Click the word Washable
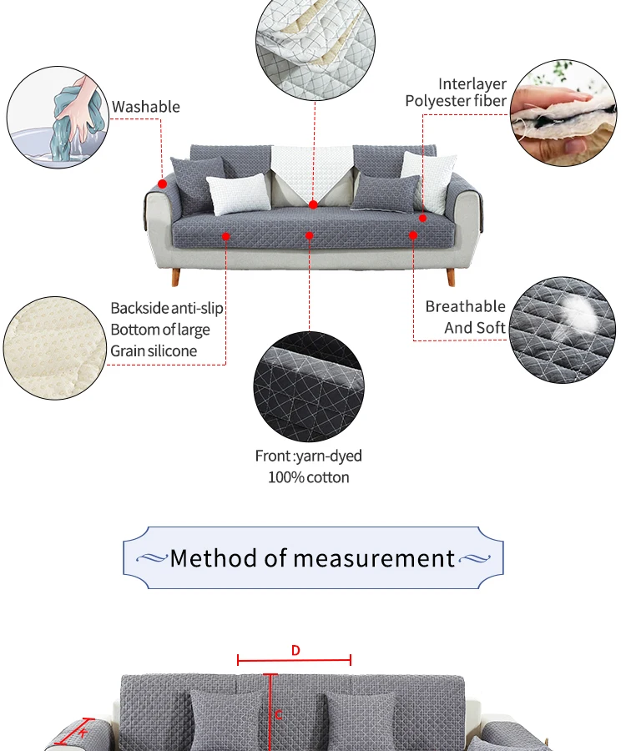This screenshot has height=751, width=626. (146, 107)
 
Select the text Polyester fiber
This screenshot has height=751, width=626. (456, 101)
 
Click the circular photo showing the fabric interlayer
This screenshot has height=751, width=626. (563, 112)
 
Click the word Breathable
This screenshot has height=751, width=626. (465, 307)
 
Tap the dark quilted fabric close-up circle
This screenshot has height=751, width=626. (309, 386)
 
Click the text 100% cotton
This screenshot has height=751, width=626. (309, 477)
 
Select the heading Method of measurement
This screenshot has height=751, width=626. (313, 558)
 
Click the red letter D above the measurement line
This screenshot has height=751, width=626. (295, 651)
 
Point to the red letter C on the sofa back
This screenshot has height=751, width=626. (278, 714)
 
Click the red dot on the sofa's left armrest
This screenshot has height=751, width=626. (163, 184)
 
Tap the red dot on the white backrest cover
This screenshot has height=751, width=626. (313, 204)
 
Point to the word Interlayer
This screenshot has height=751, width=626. (472, 84)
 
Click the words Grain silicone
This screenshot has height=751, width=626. (154, 350)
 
